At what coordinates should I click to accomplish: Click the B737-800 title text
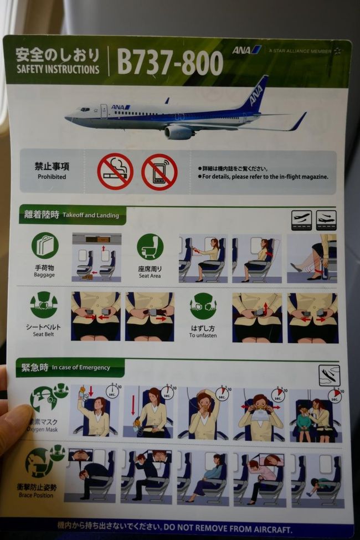coord(170,63)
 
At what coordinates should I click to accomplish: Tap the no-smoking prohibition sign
coord(115,171)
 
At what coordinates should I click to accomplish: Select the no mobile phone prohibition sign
coord(159,172)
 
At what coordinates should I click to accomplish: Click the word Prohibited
coord(52,177)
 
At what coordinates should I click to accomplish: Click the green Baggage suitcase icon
coord(45,246)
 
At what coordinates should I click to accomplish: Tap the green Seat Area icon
coord(150,246)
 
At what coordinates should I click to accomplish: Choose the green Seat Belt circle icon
coord(44,305)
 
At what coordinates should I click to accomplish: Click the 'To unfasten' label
coord(203,336)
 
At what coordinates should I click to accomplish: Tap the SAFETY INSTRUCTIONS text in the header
coord(58,70)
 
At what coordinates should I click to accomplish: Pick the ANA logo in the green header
coord(246,50)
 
